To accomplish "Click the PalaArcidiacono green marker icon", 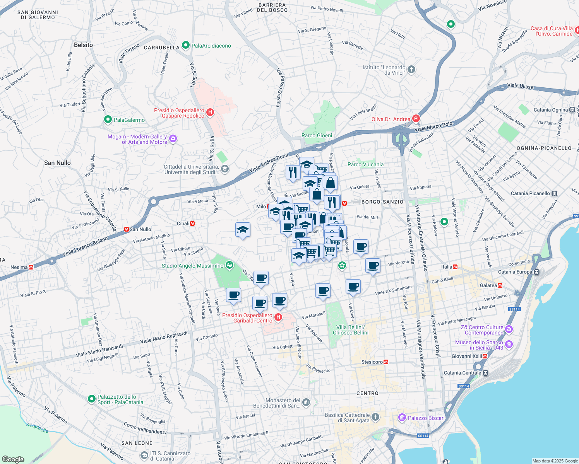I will coord(186,46).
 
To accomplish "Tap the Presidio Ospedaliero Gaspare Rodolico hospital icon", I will coord(210,113).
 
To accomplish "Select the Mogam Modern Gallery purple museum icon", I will coord(173,139).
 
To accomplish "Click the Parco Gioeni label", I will coord(317,135).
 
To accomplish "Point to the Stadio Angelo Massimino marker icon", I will coord(230,265).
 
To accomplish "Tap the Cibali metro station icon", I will coord(192,223).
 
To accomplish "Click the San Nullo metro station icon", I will coord(126,229).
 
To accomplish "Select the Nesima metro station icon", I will coord(31,267).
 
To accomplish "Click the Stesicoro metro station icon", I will coord(386,362).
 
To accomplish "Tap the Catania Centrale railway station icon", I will coord(485,373).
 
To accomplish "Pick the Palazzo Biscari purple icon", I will coord(402,418).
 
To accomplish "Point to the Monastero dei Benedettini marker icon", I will coord(306,403).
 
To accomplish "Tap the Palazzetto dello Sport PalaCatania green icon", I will coord(92,399).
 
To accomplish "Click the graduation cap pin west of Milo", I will coord(243,230).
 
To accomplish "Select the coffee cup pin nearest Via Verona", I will coord(373,265).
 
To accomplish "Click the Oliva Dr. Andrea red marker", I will coord(416,118).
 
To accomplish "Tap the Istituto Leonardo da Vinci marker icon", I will coord(411,70).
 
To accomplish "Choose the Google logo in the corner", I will coord(13,459).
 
